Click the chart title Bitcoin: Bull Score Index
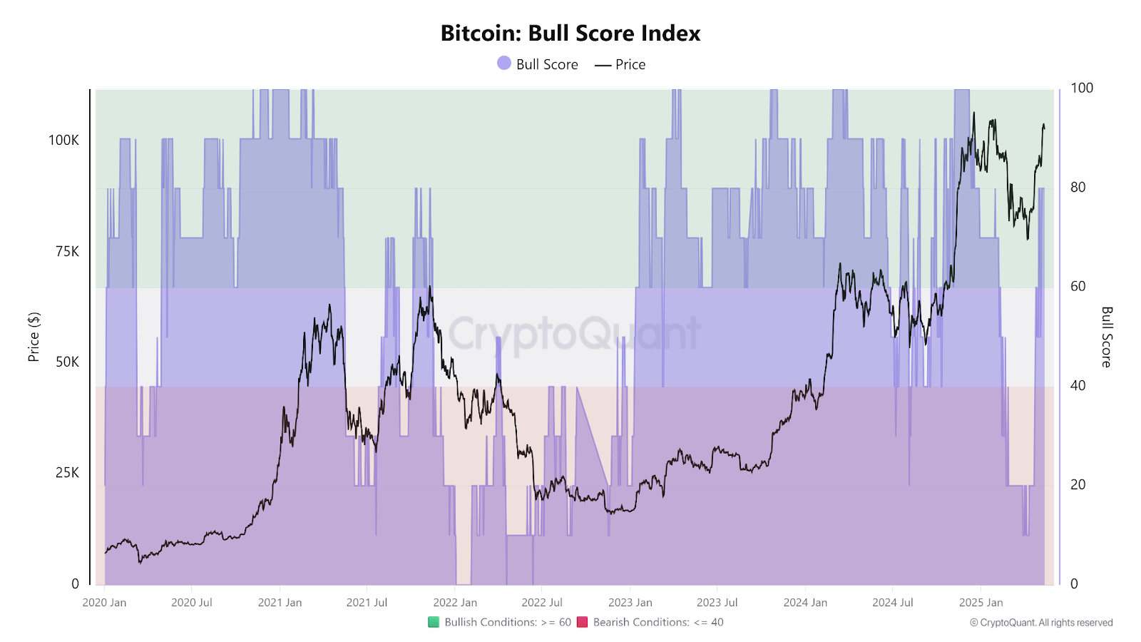tap(570, 34)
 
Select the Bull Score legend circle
tap(504, 63)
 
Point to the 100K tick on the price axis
tap(63, 141)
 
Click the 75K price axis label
tap(67, 251)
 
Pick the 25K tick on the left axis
tap(67, 473)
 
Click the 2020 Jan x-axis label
tap(104, 603)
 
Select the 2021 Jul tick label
tap(367, 603)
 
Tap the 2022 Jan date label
tap(455, 603)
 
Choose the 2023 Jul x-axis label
tap(717, 603)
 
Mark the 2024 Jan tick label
tap(805, 603)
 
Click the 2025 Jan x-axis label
tap(981, 603)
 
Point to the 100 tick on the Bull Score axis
tap(1082, 88)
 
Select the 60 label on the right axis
tap(1078, 286)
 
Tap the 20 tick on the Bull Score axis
tap(1078, 484)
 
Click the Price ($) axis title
tap(34, 337)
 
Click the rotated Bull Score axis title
tap(1107, 337)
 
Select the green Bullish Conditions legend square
tap(434, 622)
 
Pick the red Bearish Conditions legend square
tap(582, 622)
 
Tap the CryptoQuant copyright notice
tap(1041, 623)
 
